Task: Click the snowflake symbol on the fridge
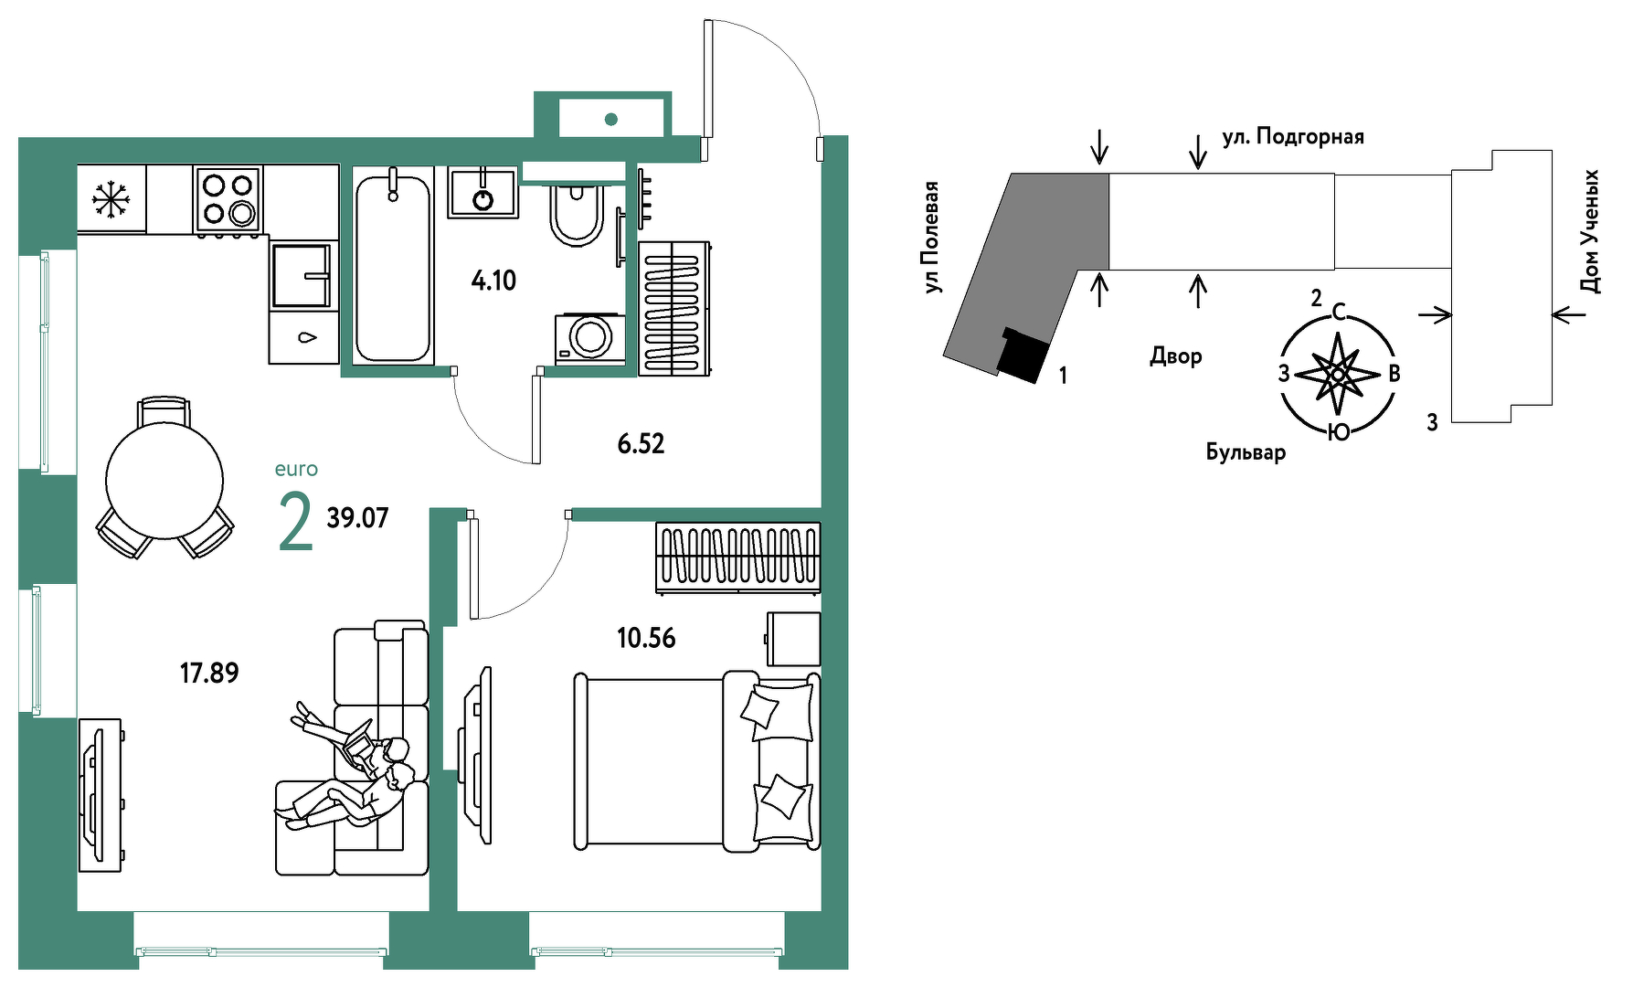[111, 199]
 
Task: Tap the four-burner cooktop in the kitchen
[228, 199]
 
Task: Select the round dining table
[164, 480]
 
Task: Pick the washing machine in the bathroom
[590, 339]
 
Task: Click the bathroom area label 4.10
[493, 281]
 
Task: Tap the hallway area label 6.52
[641, 444]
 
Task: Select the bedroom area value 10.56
[646, 638]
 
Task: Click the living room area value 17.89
[209, 674]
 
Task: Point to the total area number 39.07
[357, 518]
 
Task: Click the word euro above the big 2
[296, 470]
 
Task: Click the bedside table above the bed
[793, 639]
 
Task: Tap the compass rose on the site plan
[1339, 374]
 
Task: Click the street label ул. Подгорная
[1293, 137]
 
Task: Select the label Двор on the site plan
[1176, 356]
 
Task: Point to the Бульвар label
[1246, 451]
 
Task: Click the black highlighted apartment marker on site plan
[1022, 356]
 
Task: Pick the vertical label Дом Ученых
[1590, 231]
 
